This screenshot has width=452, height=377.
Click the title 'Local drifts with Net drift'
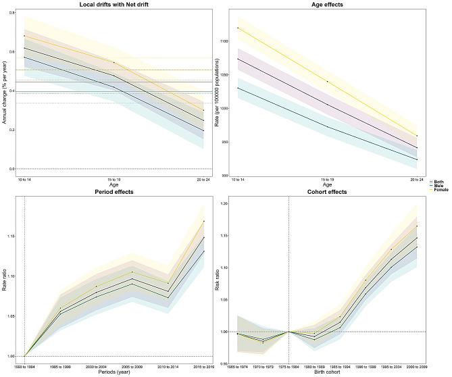tap(112, 5)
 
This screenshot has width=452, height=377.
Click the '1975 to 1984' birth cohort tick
tap(288, 366)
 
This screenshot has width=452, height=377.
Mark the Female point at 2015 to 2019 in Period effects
tap(204, 221)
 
